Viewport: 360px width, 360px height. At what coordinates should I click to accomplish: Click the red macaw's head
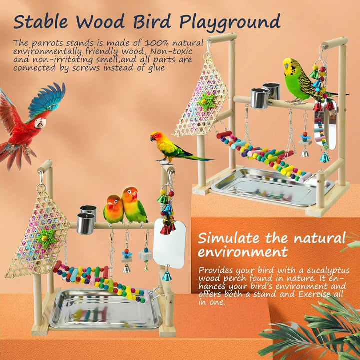[x=40, y=121]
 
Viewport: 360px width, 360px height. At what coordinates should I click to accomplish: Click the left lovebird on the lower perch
[x=114, y=209]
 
